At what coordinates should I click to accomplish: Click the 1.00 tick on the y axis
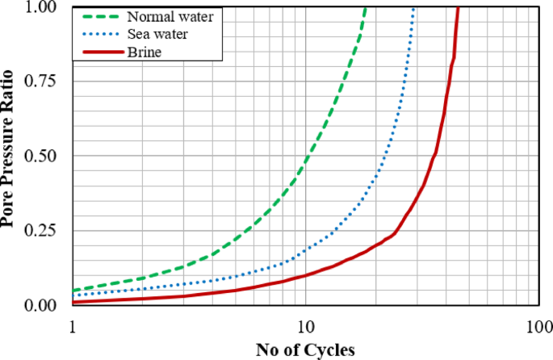[43, 7]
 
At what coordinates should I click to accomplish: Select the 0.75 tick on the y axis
[43, 82]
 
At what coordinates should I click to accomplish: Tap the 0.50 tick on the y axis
[43, 156]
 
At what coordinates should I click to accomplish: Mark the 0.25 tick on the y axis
[43, 230]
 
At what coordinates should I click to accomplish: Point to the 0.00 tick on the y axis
[43, 304]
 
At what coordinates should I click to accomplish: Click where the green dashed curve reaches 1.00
[366, 7]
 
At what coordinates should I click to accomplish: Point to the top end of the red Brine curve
[458, 7]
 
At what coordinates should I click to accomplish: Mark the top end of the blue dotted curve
[414, 7]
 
